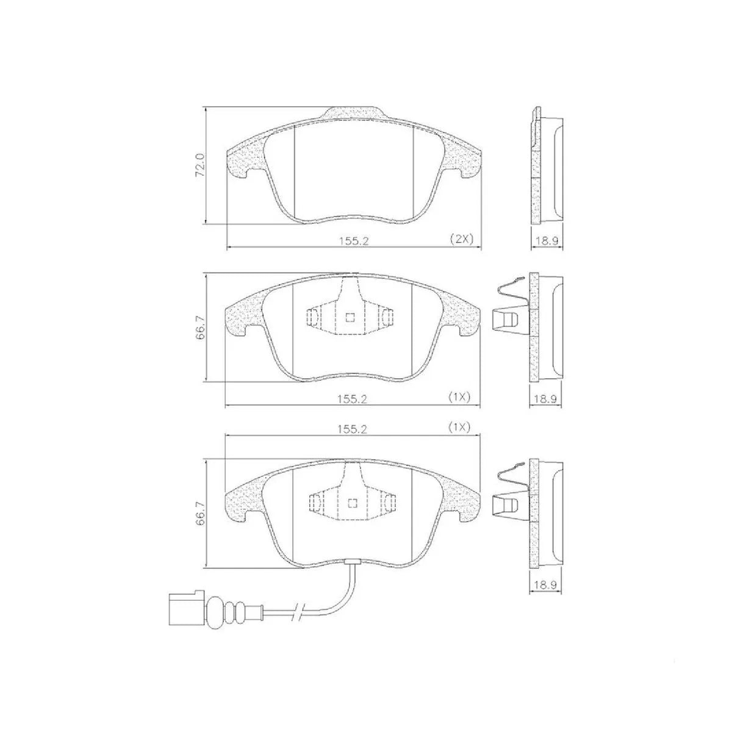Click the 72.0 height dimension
pyautogui.click(x=199, y=165)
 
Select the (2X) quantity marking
pyautogui.click(x=461, y=239)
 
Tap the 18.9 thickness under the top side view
pyautogui.click(x=547, y=240)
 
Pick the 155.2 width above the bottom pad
pyautogui.click(x=353, y=428)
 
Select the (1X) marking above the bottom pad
pyautogui.click(x=458, y=428)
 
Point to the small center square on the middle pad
pyautogui.click(x=350, y=317)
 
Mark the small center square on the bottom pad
pyautogui.click(x=351, y=503)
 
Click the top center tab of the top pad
pyautogui.click(x=353, y=114)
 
